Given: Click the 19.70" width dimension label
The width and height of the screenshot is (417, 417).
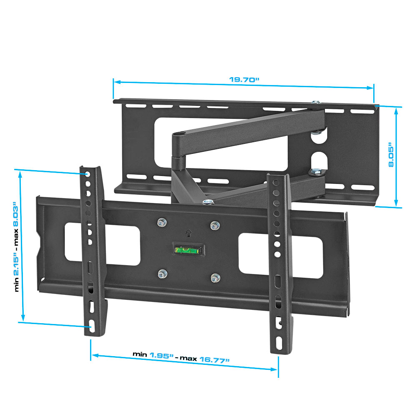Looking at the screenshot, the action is coord(244,80).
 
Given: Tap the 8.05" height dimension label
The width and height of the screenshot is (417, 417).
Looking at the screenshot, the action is coord(391,155).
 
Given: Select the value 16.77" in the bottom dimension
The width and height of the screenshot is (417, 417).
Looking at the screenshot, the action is coord(214,360).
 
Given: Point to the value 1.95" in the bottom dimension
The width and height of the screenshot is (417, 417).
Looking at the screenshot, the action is coord(161,355).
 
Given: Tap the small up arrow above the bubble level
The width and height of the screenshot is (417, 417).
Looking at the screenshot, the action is coord(188,233).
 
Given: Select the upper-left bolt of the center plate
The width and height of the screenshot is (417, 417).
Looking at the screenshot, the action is coord(162,222).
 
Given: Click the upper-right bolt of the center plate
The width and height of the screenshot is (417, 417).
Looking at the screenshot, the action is coord(215,226).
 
